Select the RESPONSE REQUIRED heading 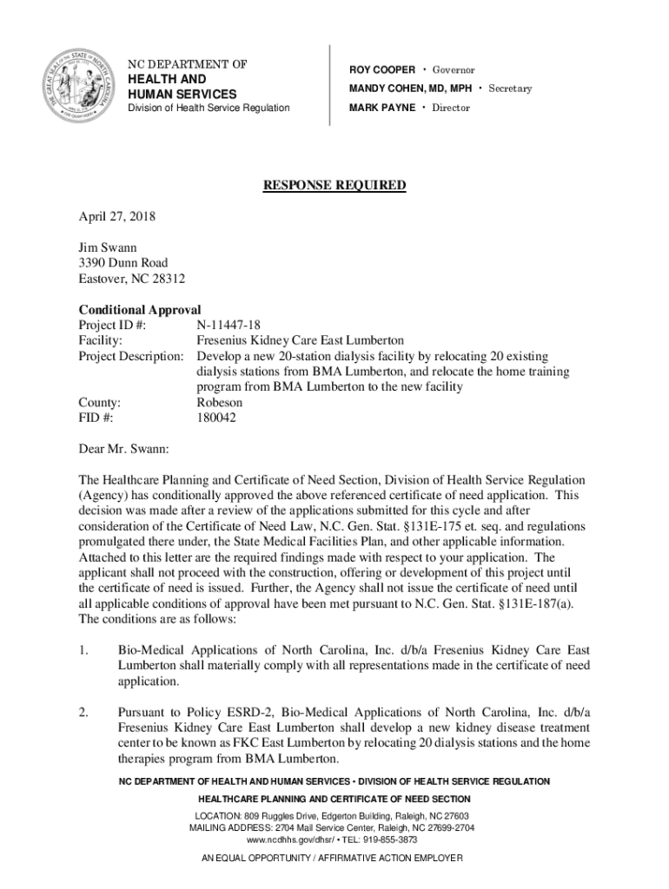click(334, 186)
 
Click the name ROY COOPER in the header click(381, 69)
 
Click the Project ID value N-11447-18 click(229, 326)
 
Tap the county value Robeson click(220, 403)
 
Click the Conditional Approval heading click(140, 310)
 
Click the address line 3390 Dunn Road click(123, 263)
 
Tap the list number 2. click(84, 713)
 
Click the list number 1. click(83, 650)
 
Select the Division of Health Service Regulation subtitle click(209, 108)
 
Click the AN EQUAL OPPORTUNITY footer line click(333, 858)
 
